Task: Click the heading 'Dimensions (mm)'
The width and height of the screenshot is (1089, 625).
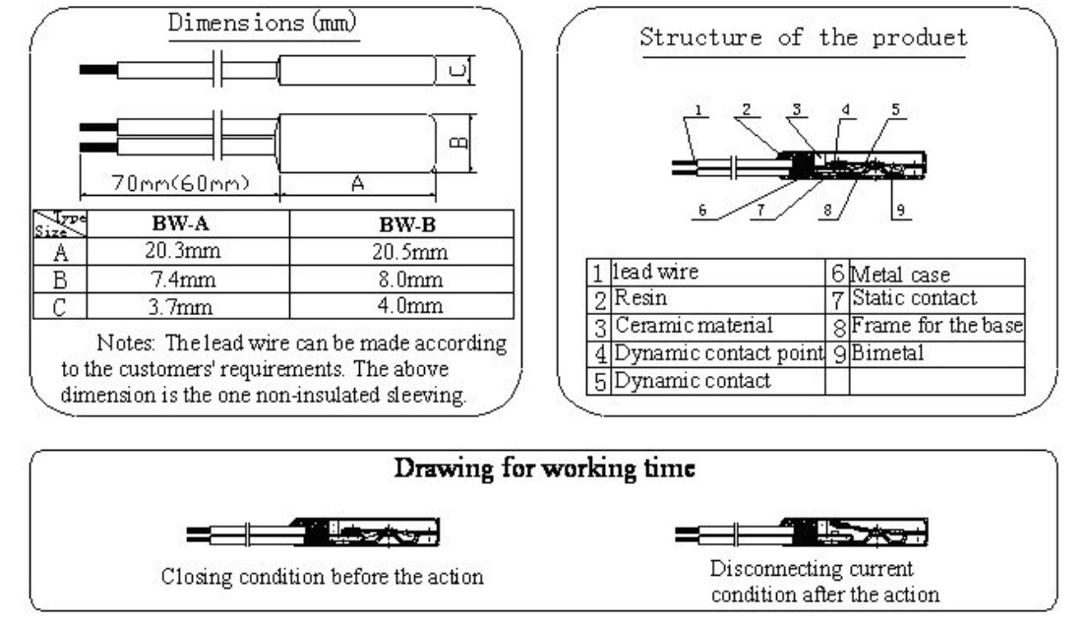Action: click(262, 23)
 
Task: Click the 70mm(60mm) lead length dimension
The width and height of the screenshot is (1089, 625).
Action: click(181, 183)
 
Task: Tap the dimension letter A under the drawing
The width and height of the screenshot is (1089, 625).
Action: click(357, 183)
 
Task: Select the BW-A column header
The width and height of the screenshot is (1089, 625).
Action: click(181, 223)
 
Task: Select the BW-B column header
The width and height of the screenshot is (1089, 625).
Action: click(407, 224)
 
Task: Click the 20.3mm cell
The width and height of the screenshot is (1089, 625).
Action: click(183, 250)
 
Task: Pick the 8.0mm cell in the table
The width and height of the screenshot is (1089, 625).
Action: click(410, 280)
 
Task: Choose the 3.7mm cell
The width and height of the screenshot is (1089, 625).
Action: click(180, 306)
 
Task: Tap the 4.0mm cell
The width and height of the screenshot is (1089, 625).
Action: click(410, 306)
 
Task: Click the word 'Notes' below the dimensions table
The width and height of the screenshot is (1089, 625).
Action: click(125, 343)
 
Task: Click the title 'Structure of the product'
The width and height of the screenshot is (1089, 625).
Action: click(804, 36)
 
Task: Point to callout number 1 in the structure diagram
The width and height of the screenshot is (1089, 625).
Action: click(698, 110)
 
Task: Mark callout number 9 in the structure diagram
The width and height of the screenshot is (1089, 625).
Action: click(900, 210)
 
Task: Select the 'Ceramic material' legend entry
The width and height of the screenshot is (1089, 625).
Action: click(694, 326)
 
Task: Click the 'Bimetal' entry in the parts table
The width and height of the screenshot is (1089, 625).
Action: click(887, 353)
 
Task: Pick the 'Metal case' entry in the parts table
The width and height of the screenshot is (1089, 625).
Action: click(900, 275)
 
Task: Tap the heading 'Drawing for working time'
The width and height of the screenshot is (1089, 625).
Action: click(545, 469)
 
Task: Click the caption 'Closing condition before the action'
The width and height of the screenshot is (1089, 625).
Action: click(323, 577)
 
